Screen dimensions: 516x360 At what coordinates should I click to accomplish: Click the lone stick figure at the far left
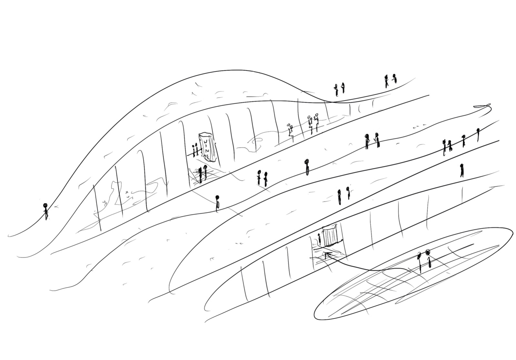pyautogui.click(x=45, y=211)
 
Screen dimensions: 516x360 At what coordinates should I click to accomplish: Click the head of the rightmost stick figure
pyautogui.click(x=478, y=130)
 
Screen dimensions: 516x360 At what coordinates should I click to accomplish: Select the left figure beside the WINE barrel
pyautogui.click(x=194, y=150)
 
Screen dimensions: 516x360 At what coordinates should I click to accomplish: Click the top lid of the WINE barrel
pyautogui.click(x=206, y=135)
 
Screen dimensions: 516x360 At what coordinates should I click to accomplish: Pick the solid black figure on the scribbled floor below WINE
pyautogui.click(x=200, y=175)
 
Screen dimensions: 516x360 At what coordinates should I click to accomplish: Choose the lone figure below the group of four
pyautogui.click(x=461, y=170)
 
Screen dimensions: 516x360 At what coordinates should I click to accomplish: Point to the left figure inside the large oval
pyautogui.click(x=420, y=263)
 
